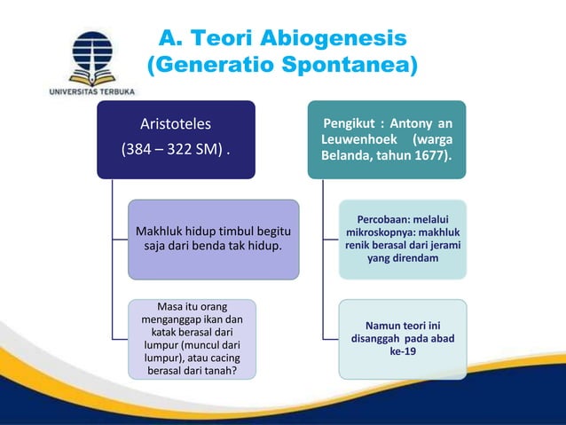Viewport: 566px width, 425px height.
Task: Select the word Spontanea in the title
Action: (x=342, y=66)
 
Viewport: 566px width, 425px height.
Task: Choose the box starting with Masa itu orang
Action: (x=193, y=339)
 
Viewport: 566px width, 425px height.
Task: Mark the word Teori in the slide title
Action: (x=222, y=39)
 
